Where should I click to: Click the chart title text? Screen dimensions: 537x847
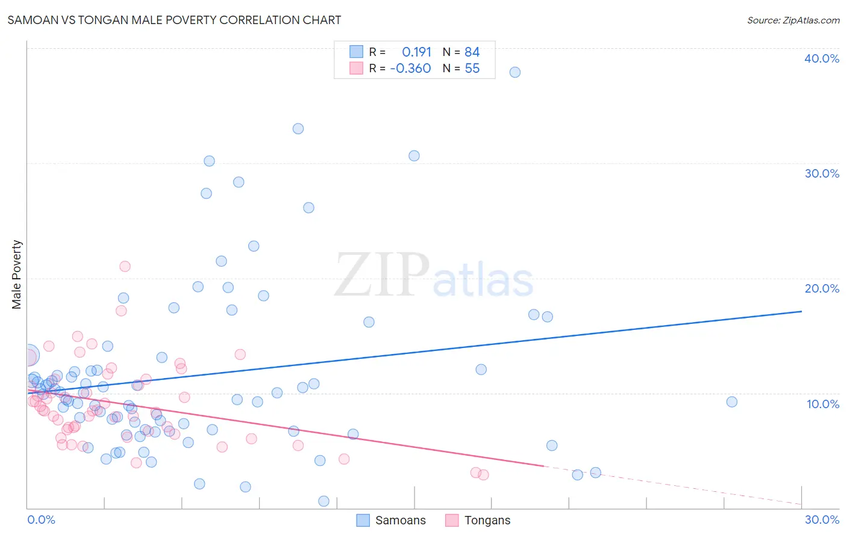point(174,20)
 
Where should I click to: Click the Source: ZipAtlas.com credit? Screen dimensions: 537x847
point(793,20)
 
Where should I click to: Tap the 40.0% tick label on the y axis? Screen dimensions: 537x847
point(821,58)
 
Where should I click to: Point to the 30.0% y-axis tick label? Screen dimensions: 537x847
point(821,173)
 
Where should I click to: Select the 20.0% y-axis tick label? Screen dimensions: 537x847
point(821,288)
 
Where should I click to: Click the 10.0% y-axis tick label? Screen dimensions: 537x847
point(822,404)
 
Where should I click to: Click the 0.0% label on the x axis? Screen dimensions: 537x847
point(41,520)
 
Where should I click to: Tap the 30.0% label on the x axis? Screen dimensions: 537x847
point(822,520)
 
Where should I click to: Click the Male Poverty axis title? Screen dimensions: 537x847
point(17,275)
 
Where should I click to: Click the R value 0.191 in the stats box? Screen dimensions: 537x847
point(416,52)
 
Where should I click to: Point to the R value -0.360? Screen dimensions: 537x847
point(410,69)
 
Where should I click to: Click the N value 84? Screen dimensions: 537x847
point(472,52)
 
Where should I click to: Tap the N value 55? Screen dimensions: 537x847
point(472,69)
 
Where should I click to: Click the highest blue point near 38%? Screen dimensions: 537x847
point(514,72)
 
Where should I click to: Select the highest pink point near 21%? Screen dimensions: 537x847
point(125,266)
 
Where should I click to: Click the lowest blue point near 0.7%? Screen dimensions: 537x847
point(323,501)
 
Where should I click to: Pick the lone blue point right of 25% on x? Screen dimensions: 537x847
point(731,402)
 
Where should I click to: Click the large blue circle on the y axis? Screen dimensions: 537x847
point(28,356)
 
